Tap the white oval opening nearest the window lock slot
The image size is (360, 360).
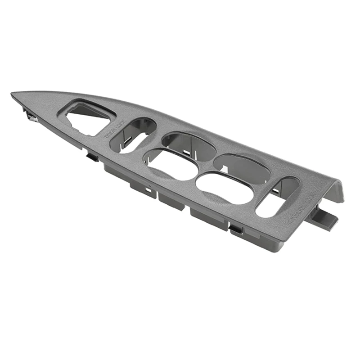tap(225, 187)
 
